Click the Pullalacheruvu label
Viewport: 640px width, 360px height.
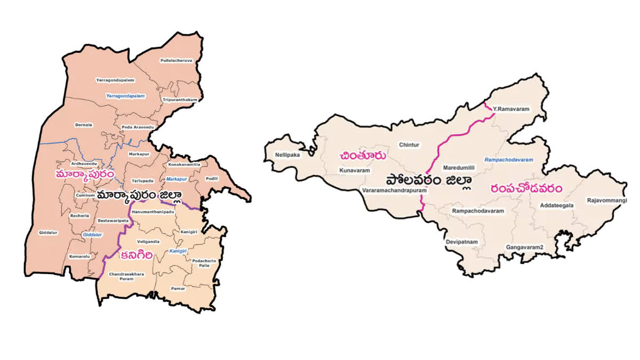tap(176, 61)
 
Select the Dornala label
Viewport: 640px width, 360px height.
tap(84, 125)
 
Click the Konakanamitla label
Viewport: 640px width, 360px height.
tap(184, 165)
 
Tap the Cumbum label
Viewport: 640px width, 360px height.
tap(85, 195)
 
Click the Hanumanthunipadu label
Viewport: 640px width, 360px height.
tap(153, 212)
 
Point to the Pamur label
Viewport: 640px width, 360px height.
tap(178, 288)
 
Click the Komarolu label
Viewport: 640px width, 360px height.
tap(79, 257)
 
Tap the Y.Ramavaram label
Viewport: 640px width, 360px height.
tap(511, 109)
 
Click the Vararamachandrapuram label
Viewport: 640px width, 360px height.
tap(395, 190)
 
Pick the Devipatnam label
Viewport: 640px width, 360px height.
tap(462, 242)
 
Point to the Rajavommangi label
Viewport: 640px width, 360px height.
tap(607, 201)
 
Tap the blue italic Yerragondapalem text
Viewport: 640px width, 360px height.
tap(125, 96)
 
